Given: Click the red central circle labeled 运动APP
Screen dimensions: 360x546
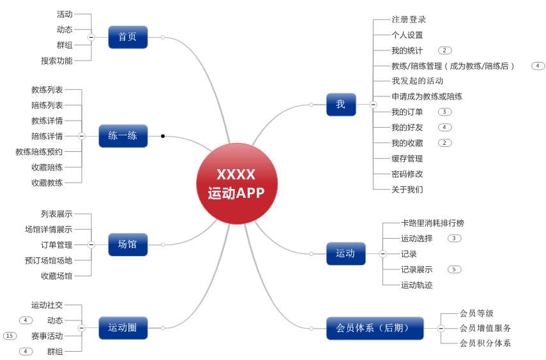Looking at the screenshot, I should (236, 184).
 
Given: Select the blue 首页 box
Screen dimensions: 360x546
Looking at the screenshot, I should (128, 37).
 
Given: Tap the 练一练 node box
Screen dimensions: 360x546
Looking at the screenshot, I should (123, 136).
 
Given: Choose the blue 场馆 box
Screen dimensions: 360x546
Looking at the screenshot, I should (128, 244).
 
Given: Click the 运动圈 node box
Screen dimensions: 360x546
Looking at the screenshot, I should (123, 328).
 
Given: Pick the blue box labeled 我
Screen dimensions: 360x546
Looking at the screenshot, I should (340, 104).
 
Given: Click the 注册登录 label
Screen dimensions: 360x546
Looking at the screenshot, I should (409, 20).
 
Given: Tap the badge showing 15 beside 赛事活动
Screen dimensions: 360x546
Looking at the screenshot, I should (10, 336).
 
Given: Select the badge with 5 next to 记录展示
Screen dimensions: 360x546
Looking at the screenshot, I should (454, 269).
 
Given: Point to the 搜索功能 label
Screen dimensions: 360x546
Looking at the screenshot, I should (57, 61).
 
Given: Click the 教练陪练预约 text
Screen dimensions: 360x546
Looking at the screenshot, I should (39, 151).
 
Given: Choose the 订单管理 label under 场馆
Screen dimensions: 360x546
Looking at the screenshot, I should (57, 244).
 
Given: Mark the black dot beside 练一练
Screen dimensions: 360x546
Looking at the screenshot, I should (163, 136).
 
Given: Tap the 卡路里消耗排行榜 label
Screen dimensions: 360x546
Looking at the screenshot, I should (432, 223).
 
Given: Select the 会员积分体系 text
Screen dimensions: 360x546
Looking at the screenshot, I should (485, 343).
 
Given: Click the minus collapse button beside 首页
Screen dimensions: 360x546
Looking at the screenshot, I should (91, 37).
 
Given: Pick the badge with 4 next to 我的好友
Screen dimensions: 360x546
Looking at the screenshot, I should (445, 127).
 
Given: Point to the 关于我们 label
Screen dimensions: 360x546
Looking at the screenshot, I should (407, 190).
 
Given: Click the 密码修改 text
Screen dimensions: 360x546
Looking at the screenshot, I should (407, 174).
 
